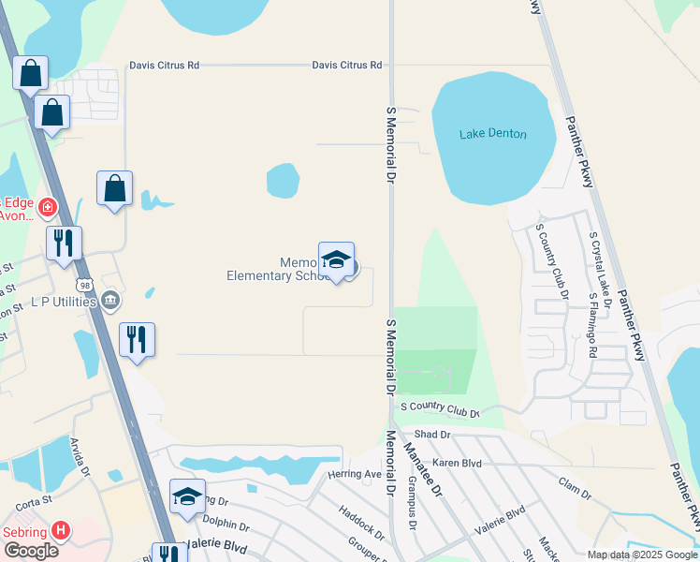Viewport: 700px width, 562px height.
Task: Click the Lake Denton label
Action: [x=492, y=134]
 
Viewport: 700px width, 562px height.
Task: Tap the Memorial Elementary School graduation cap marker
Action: [x=336, y=260]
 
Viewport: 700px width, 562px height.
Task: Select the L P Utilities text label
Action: [x=64, y=302]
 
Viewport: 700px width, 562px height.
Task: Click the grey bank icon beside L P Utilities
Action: [x=111, y=300]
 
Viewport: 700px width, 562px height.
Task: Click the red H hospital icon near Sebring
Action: [x=62, y=530]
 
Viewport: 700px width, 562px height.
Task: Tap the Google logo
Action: [x=31, y=551]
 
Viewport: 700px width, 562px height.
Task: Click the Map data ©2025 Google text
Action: [x=640, y=555]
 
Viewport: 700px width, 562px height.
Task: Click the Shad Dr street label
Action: [x=432, y=435]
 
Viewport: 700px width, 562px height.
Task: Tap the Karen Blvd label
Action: [x=457, y=463]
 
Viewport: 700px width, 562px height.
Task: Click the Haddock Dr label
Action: [x=361, y=525]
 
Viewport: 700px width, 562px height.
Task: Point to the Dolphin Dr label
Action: [x=226, y=526]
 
